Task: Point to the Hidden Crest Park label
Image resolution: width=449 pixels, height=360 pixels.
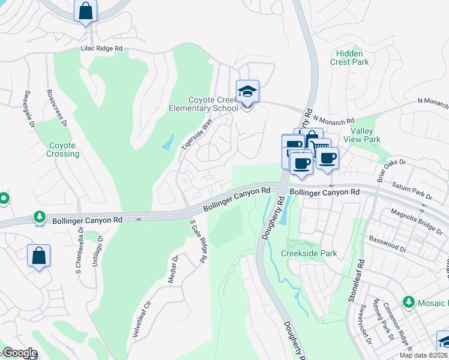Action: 349,57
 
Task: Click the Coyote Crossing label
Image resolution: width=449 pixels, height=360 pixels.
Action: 63,149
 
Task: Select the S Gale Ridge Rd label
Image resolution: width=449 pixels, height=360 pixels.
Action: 198,241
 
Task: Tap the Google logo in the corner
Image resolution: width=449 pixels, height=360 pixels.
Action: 19,353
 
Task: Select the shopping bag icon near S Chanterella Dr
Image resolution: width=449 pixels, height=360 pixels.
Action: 39,255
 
